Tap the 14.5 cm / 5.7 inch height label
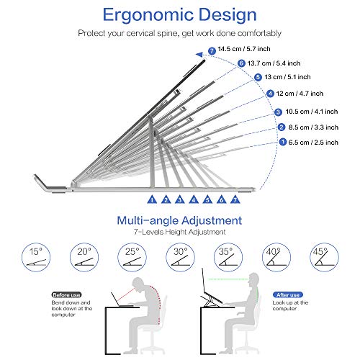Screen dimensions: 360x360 [244, 49]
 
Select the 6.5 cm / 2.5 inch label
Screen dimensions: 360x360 [313, 143]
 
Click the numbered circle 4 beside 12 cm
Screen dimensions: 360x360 [271, 94]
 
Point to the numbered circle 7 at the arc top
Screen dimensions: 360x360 [212, 51]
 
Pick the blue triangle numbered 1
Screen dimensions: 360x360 [152, 199]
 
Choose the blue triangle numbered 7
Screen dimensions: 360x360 [235, 199]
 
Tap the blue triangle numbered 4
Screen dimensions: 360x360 [194, 199]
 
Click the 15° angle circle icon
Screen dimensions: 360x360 [36, 257]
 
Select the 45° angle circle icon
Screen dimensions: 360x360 [324, 257]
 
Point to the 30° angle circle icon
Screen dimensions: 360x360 [180, 257]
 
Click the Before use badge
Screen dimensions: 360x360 [66, 294]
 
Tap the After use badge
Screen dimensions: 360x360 [288, 294]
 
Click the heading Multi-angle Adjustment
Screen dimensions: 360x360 [179, 220]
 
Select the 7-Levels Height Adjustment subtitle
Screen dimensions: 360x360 [180, 232]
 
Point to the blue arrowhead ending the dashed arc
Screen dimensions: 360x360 [199, 55]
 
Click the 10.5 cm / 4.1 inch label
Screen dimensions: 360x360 [312, 112]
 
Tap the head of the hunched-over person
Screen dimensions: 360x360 [139, 284]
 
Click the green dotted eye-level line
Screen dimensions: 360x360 [228, 279]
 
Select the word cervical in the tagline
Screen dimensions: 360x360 [140, 33]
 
